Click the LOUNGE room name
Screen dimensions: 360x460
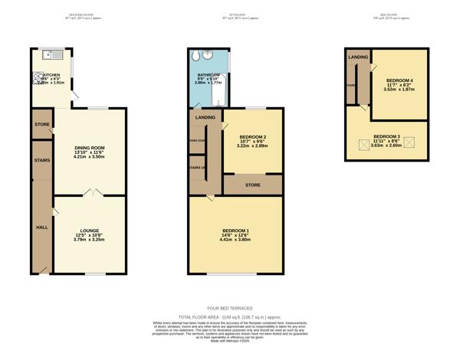pos(88,231)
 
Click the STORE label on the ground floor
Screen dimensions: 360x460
pos(41,124)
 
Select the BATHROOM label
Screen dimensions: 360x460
pos(208,75)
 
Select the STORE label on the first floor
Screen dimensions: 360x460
pos(253,185)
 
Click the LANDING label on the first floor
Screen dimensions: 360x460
pos(205,117)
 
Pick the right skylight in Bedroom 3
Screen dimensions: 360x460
pos(409,142)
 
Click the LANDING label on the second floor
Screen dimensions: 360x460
pos(358,57)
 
